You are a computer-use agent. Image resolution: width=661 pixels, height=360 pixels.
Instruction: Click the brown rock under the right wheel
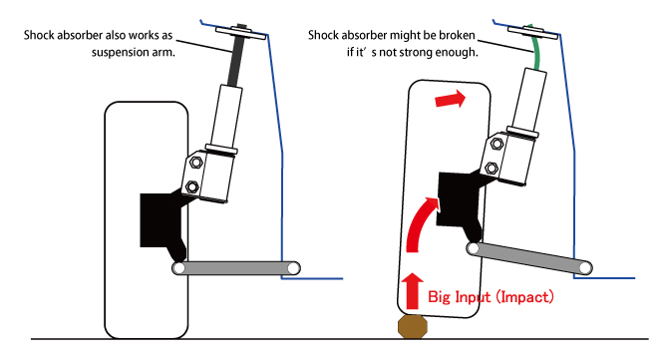tap(413, 327)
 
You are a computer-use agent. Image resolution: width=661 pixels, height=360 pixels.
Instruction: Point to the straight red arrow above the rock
tap(413, 291)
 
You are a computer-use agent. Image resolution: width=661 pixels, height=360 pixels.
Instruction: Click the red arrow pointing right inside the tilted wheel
tap(451, 99)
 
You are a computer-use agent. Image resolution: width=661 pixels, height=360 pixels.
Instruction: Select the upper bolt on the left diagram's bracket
tap(195, 162)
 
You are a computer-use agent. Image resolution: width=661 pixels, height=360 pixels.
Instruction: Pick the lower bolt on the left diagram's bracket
tap(191, 186)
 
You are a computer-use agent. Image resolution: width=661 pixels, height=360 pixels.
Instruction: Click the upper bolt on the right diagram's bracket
tap(497, 144)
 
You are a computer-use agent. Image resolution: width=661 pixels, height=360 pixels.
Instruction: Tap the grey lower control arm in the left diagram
tap(236, 268)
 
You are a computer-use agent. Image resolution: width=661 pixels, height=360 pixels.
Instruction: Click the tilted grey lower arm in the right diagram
tap(529, 257)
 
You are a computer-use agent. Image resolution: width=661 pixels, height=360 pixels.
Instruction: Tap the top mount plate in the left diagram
tap(241, 33)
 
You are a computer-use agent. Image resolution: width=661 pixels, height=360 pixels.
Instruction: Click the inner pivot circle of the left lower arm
tap(293, 268)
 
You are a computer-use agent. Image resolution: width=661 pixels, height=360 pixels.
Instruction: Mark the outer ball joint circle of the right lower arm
tap(473, 248)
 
